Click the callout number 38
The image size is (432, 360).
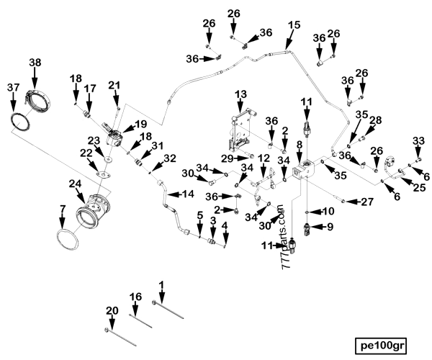point(35,63)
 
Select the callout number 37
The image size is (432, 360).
point(13,87)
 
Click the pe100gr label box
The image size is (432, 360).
point(384,343)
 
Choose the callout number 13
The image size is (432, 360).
point(240,94)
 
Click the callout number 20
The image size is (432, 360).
point(111,310)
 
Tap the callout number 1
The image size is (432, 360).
point(161,285)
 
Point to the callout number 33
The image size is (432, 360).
point(417,140)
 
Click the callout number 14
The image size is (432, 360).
point(187,194)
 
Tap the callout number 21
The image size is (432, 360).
point(114,86)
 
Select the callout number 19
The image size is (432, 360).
point(140,123)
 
